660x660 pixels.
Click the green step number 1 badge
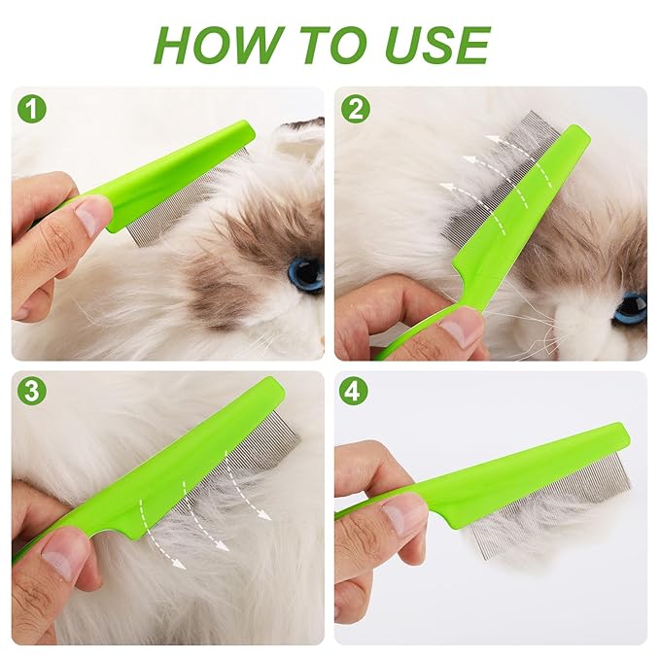32,109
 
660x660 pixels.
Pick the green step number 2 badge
356,109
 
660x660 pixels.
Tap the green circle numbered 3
32,392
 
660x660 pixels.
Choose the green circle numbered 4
356,392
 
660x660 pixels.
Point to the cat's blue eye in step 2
630,307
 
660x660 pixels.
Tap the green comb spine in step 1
175,175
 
